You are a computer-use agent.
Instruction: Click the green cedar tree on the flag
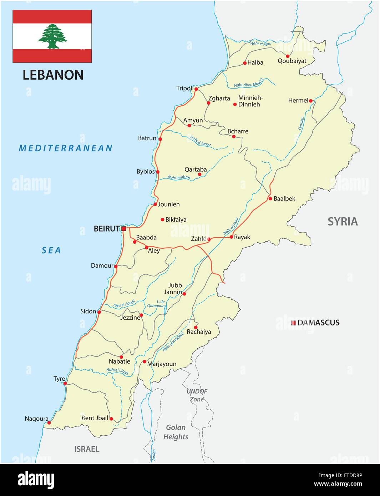point(52,36)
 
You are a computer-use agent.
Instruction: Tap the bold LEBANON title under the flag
point(53,75)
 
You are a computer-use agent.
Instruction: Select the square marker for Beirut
point(124,229)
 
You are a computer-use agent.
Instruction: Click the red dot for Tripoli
point(196,89)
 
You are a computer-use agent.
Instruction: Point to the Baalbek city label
point(284,199)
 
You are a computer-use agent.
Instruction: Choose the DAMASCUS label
point(318,323)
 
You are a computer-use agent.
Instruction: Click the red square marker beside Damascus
point(293,323)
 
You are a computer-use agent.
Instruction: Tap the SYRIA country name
point(343,222)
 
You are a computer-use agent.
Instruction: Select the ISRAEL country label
point(87,449)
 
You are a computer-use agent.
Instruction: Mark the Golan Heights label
point(176,432)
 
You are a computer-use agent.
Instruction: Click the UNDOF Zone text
point(197,395)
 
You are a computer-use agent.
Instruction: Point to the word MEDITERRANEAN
point(66,148)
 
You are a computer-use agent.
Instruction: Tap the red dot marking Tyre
point(65,384)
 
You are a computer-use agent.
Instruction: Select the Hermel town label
point(298,101)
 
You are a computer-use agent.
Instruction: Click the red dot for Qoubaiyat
point(288,56)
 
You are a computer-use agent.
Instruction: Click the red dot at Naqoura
point(49,423)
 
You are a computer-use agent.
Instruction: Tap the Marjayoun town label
point(162,364)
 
